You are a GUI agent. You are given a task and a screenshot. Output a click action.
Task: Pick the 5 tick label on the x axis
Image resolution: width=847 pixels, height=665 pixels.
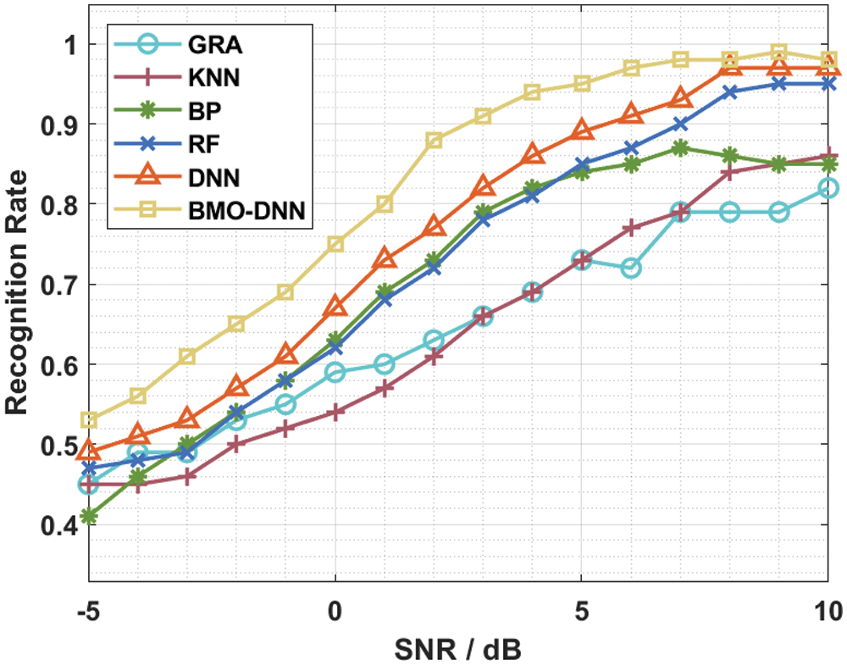(581, 610)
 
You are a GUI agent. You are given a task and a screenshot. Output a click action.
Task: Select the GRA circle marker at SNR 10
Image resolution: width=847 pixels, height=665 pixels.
(828, 188)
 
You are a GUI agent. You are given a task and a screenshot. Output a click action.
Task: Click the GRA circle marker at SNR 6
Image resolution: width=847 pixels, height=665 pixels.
(630, 269)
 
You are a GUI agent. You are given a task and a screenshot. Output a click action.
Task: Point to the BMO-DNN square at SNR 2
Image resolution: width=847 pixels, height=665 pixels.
(434, 140)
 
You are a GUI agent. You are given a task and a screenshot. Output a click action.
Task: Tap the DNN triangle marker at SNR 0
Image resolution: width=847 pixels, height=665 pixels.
(335, 307)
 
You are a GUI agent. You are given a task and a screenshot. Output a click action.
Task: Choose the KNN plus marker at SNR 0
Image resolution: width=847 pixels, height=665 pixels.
(335, 413)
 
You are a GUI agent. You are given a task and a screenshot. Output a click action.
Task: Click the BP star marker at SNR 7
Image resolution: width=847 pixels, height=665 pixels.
(679, 148)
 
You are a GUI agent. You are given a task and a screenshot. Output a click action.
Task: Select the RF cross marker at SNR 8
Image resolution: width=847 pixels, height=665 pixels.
(728, 91)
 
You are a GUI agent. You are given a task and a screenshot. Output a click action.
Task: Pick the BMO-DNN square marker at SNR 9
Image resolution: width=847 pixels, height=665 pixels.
(778, 53)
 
